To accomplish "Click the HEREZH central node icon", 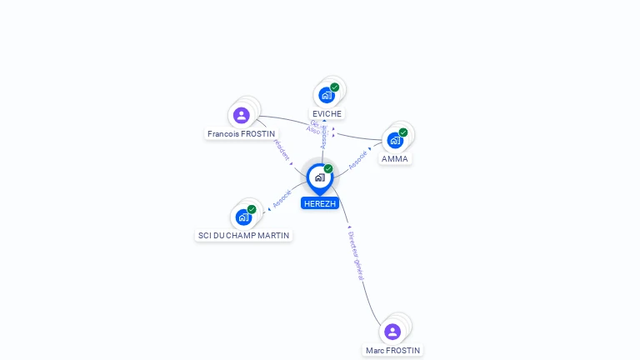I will [x=319, y=177].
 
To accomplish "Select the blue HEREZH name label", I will [x=320, y=203].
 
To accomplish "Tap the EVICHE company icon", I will [x=326, y=95].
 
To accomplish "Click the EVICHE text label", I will [x=327, y=113].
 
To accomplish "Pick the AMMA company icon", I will [x=395, y=140].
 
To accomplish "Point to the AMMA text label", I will [x=395, y=158].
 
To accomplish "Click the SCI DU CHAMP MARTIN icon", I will [x=243, y=217].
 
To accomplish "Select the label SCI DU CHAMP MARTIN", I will [x=243, y=236].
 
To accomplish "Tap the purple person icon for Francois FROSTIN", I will [x=242, y=115].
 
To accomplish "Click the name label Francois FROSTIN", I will [x=242, y=133].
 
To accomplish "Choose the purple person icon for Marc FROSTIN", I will [x=392, y=332].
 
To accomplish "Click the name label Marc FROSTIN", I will [x=392, y=350].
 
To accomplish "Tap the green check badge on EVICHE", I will [x=335, y=87].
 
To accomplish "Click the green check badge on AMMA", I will [x=403, y=132].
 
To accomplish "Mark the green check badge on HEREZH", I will [x=328, y=168].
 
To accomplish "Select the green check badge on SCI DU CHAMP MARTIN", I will [x=252, y=209].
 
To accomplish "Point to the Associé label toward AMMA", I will [x=358, y=161].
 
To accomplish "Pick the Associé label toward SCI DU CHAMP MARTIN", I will [x=282, y=199].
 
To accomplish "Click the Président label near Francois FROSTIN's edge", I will [x=282, y=150].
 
